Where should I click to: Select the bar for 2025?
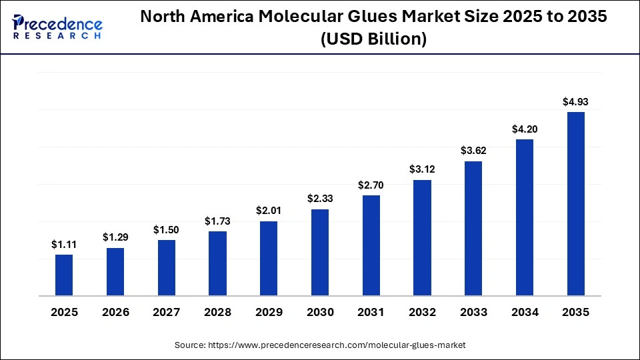(64, 275)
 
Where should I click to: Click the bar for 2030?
(320, 252)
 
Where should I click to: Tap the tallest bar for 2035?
(576, 203)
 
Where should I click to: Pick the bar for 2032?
(423, 237)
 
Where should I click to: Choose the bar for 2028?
(217, 263)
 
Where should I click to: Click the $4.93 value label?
(576, 102)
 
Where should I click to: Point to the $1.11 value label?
(64, 245)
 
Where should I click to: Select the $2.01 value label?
(269, 211)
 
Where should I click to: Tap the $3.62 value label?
(473, 151)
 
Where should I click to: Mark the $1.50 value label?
(167, 230)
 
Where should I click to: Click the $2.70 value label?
(371, 185)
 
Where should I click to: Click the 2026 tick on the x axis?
(115, 312)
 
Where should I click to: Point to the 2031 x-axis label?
(371, 312)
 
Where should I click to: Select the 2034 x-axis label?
(525, 312)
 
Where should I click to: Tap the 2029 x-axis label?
(269, 312)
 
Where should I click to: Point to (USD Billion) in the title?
(373, 40)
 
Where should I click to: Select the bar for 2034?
(525, 217)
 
